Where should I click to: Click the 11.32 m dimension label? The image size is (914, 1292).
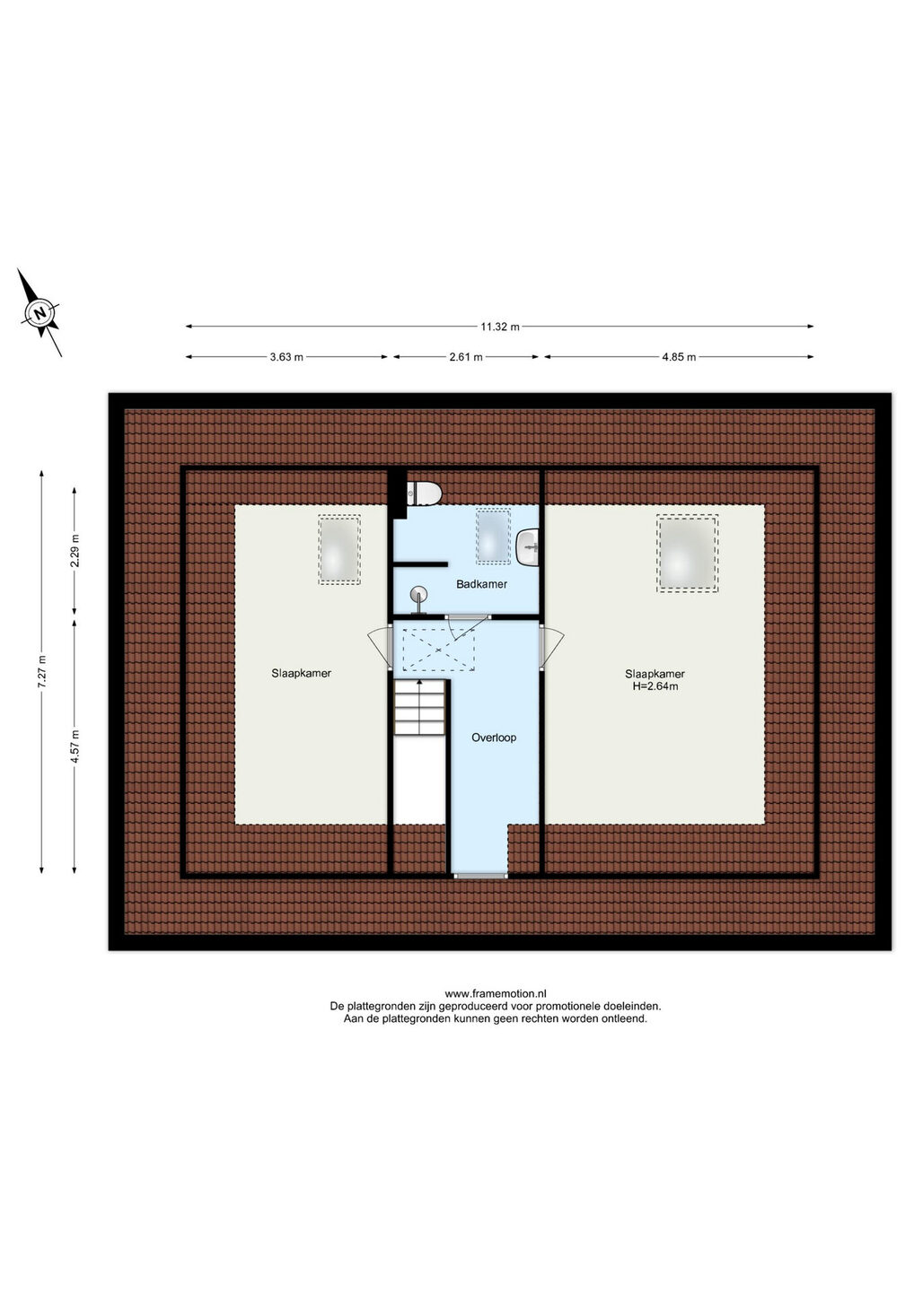pyautogui.click(x=500, y=327)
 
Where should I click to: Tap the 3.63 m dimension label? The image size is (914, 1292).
pyautogui.click(x=286, y=357)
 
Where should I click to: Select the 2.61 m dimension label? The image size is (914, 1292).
pyautogui.click(x=466, y=357)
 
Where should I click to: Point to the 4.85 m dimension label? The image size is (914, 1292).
pyautogui.click(x=679, y=357)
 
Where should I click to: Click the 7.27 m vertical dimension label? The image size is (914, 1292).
pyautogui.click(x=41, y=671)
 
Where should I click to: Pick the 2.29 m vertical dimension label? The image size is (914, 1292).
pyautogui.click(x=75, y=551)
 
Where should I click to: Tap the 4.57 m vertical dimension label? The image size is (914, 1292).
pyautogui.click(x=75, y=746)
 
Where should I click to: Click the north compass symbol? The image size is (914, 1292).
pyautogui.click(x=40, y=313)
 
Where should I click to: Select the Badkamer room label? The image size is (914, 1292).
pyautogui.click(x=482, y=584)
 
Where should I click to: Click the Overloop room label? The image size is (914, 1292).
pyautogui.click(x=494, y=738)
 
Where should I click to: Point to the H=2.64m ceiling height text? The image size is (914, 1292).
pyautogui.click(x=655, y=687)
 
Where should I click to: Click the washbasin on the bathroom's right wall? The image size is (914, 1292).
pyautogui.click(x=528, y=547)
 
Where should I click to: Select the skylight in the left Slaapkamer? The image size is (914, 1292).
pyautogui.click(x=339, y=550)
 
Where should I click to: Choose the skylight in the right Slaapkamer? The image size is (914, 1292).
pyautogui.click(x=687, y=553)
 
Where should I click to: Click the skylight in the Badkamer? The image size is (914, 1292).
pyautogui.click(x=493, y=536)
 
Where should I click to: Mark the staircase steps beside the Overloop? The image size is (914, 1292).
pyautogui.click(x=419, y=707)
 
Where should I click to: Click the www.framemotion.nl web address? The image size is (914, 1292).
pyautogui.click(x=496, y=994)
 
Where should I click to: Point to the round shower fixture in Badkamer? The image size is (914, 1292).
pyautogui.click(x=419, y=595)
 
